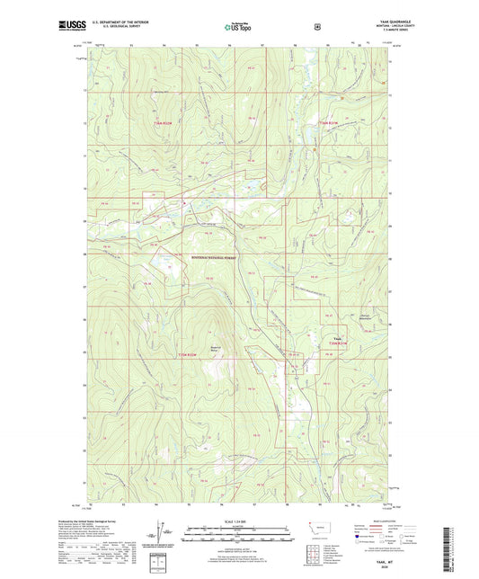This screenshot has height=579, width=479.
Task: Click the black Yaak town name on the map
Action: pos(337,338)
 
